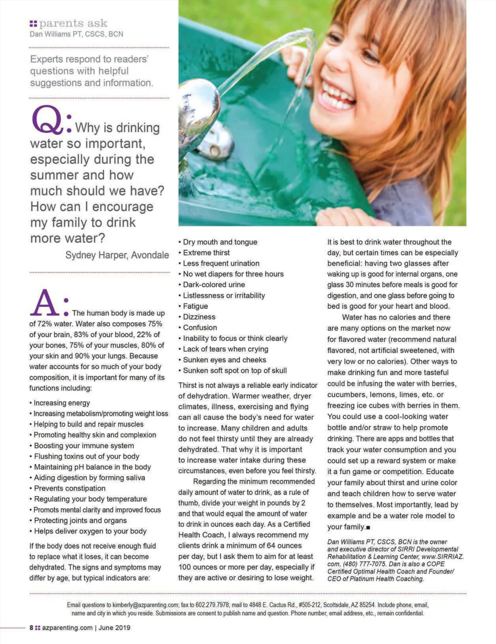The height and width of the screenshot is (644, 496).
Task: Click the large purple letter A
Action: coord(45,303)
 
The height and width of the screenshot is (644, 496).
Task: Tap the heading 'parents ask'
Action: coord(73,23)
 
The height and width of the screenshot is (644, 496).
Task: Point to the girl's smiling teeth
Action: coord(337,95)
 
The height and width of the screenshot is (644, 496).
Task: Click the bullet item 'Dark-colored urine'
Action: coord(214,285)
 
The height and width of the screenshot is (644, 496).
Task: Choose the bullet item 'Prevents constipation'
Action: coord(69,488)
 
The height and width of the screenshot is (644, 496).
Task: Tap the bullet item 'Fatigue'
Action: coord(195,306)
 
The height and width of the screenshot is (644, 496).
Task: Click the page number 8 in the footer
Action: coord(31,627)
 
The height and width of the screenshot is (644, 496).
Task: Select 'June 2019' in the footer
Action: coord(114,627)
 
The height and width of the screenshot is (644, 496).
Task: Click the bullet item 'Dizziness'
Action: coord(199,317)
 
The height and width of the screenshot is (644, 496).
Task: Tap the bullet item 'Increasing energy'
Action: coord(62,403)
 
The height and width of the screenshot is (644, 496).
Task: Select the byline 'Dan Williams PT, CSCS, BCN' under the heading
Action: coord(76,34)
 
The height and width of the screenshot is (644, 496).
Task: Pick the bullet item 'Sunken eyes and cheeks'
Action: coord(224,360)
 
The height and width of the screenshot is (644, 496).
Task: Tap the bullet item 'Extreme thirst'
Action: coord(206,253)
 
